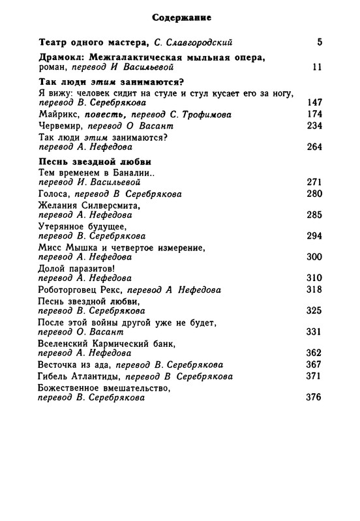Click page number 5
(320, 43)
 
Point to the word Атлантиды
(96, 377)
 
